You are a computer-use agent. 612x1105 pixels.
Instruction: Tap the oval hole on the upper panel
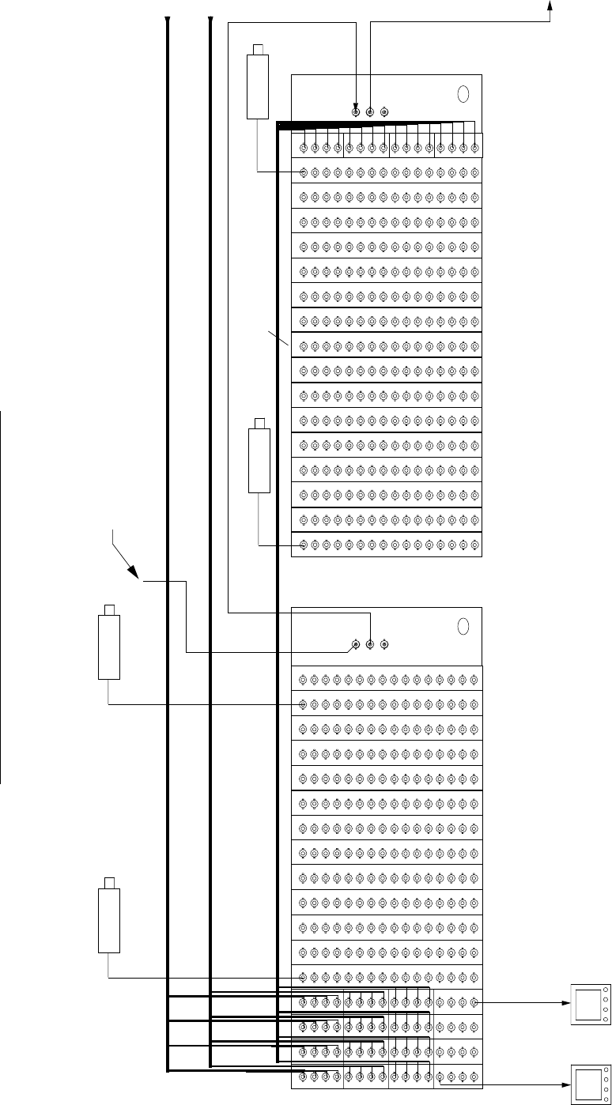[x=464, y=93]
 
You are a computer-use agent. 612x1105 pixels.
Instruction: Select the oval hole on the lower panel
[x=464, y=625]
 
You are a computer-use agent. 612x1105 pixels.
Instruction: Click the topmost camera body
[x=258, y=87]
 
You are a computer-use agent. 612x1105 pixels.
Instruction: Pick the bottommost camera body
[x=108, y=921]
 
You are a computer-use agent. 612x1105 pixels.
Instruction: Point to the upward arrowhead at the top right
[x=550, y=6]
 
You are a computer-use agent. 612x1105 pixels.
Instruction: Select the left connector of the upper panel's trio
[x=355, y=112]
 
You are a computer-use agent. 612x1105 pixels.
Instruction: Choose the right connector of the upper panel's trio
[x=384, y=112]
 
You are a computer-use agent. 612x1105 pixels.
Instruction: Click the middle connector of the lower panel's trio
[x=369, y=644]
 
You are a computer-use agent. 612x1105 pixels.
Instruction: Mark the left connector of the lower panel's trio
[x=355, y=644]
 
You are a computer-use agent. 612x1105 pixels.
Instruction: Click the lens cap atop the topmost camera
[x=258, y=50]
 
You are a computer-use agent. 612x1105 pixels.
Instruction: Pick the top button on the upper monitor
[x=605, y=990]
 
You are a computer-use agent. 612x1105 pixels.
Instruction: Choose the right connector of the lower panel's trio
[x=384, y=644]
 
